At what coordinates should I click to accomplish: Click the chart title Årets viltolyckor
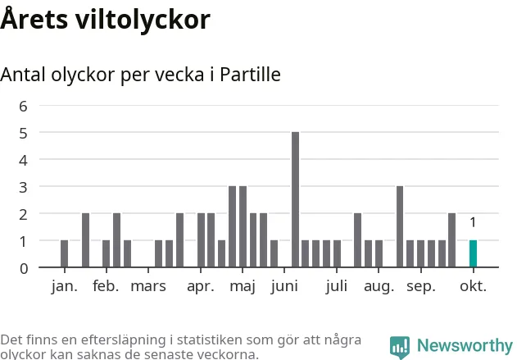coord(105,20)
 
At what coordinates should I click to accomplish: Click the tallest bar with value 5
coord(295,199)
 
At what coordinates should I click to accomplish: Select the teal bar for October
coord(473,253)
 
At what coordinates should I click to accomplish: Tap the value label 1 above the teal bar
coord(473,222)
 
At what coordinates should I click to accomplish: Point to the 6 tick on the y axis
coord(24,106)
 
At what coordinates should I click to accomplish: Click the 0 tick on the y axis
coord(24,268)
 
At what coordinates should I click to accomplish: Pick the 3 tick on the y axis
coord(24,187)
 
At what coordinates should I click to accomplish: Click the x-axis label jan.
coord(64,286)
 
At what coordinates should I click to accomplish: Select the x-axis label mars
coord(148,286)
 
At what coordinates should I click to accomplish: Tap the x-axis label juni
coord(284,286)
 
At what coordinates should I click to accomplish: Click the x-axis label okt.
coord(473,286)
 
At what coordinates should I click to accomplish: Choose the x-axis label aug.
coord(379,286)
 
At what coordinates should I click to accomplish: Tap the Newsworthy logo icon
coord(400,347)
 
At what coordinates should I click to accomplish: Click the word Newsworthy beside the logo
coord(465,346)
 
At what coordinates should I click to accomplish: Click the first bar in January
coord(64,253)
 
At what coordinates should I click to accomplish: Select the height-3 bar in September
coord(400,226)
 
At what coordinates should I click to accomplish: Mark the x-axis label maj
coord(243,286)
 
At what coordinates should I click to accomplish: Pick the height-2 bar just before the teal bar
coord(451,240)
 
